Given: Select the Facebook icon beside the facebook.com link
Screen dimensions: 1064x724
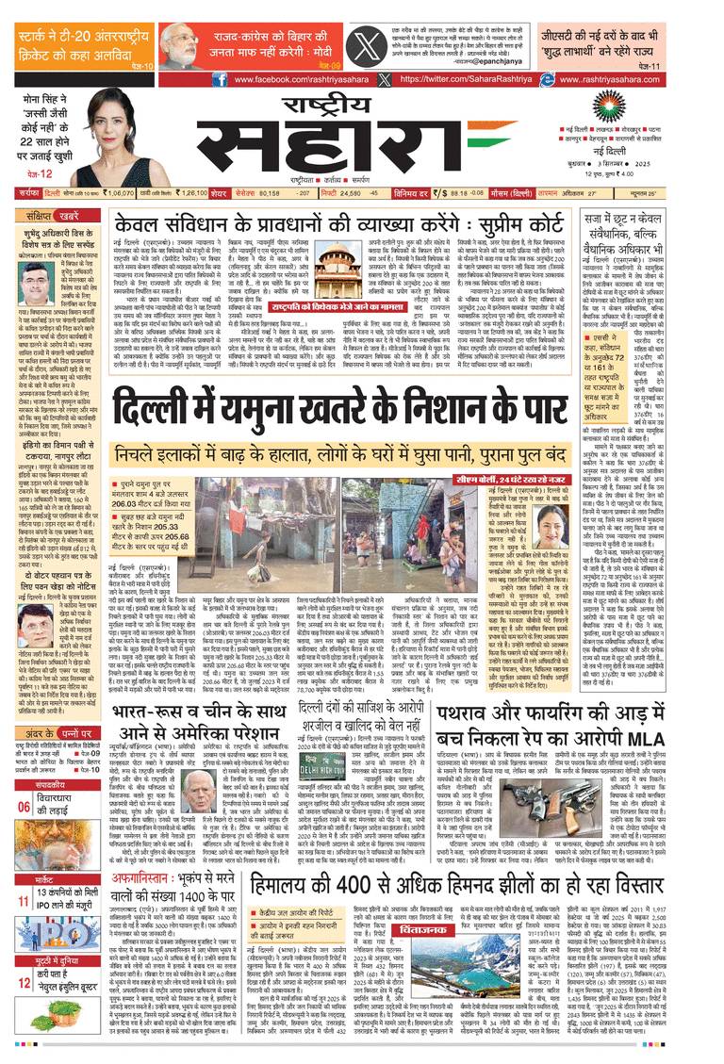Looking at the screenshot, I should (219, 81).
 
